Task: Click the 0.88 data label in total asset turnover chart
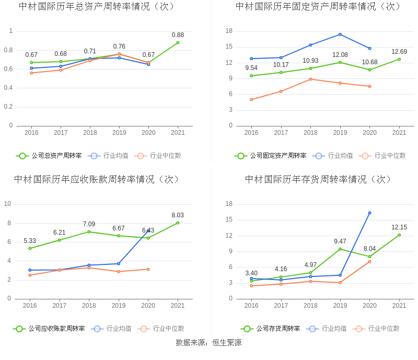pos(178,35)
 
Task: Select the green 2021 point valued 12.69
pos(399,59)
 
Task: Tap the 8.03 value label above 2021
pos(178,215)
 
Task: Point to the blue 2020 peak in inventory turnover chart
pos(369,213)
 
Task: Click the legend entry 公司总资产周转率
pos(49,155)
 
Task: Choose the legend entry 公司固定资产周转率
pos(271,155)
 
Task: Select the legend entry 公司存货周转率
pos(271,329)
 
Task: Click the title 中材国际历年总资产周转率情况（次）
pos(97,7)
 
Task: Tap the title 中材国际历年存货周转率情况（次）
pos(318,179)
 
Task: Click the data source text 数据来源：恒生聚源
pos(208,343)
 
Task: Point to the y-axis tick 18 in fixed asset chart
pos(229,31)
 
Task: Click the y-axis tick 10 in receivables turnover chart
pos(8,204)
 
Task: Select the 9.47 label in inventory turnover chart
pos(340,241)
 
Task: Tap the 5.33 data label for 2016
pos(30,240)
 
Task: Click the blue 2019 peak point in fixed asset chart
pos(340,34)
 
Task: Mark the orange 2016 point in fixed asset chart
pos(251,99)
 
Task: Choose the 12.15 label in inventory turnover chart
pos(399,227)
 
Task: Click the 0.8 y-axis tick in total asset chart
pos(9,50)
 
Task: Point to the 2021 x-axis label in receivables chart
pos(178,306)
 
